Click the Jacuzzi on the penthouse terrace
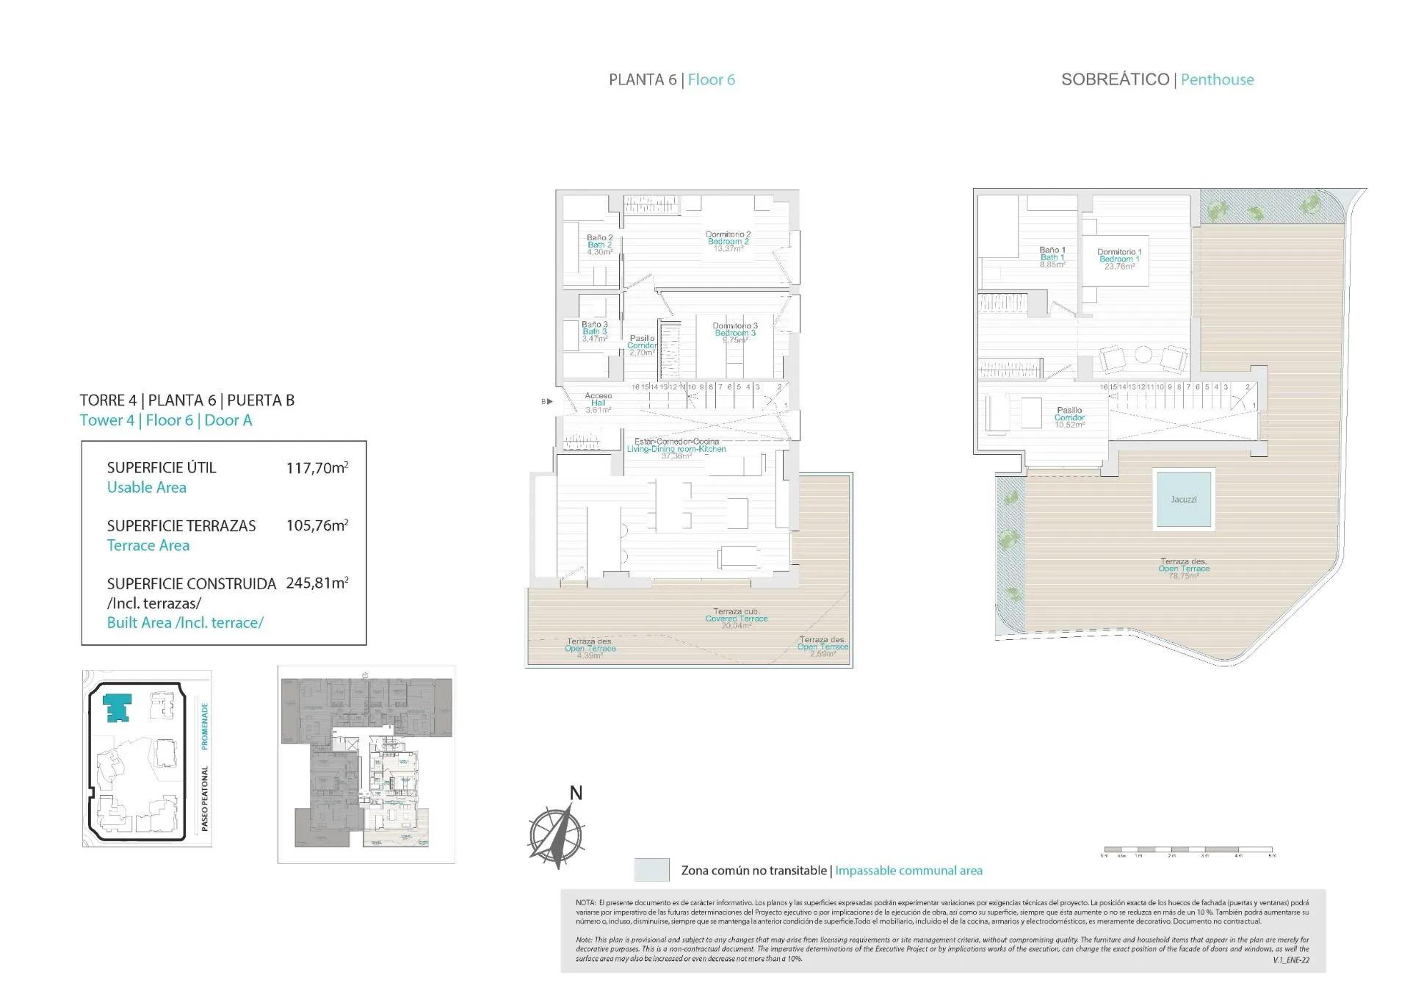click(1183, 499)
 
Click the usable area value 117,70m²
click(317, 467)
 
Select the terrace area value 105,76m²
click(317, 525)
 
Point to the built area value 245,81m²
click(317, 583)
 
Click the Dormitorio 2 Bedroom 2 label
click(728, 241)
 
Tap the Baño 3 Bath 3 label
click(594, 331)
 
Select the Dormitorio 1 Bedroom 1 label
click(1118, 259)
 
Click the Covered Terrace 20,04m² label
click(736, 618)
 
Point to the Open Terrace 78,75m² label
click(1183, 569)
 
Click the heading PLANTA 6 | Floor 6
click(671, 80)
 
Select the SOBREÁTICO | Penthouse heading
click(1157, 80)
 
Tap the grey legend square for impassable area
click(651, 870)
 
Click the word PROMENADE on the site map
click(205, 725)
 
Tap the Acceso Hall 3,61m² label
click(598, 403)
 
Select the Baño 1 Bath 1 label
click(1052, 257)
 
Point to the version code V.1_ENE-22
click(1291, 960)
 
